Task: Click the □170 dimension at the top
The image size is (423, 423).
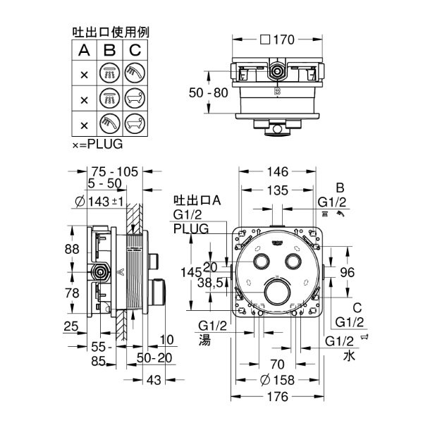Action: click(278, 40)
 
